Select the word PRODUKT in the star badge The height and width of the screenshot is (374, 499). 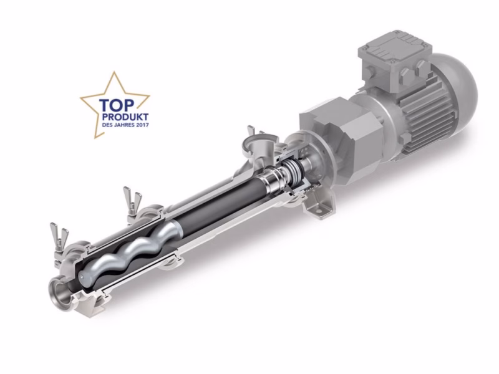[x=125, y=117]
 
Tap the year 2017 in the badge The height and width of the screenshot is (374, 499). [x=142, y=125]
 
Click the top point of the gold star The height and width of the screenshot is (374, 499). [x=115, y=72]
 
